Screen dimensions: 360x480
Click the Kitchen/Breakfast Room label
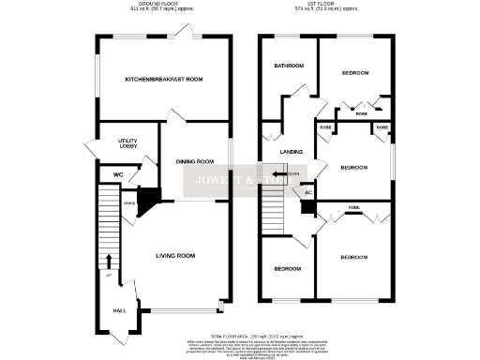[x=164, y=80]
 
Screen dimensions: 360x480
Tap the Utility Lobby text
[x=128, y=144]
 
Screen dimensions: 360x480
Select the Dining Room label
[x=195, y=162]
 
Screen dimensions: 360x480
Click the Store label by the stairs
[x=129, y=202]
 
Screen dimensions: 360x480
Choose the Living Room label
[x=174, y=255]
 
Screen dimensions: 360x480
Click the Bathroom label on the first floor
[x=288, y=67]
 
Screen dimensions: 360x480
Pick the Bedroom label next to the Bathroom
[x=354, y=73]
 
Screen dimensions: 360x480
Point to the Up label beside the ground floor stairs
[x=108, y=274]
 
